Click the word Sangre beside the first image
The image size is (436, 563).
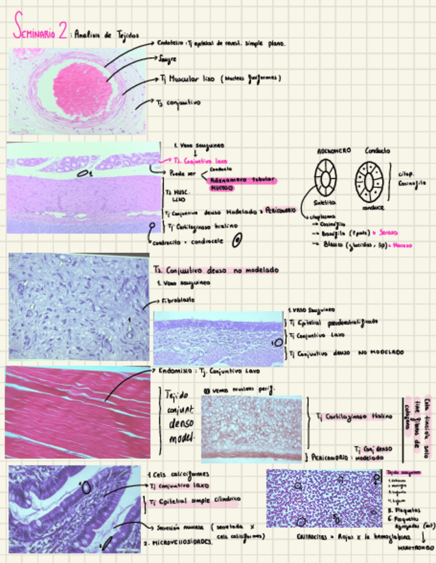(167, 59)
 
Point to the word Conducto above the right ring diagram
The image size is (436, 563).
(378, 151)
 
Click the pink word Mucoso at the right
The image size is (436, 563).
(403, 244)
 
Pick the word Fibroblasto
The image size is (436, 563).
(177, 300)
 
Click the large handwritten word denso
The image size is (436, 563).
(177, 423)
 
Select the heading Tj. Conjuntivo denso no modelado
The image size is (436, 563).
(216, 271)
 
